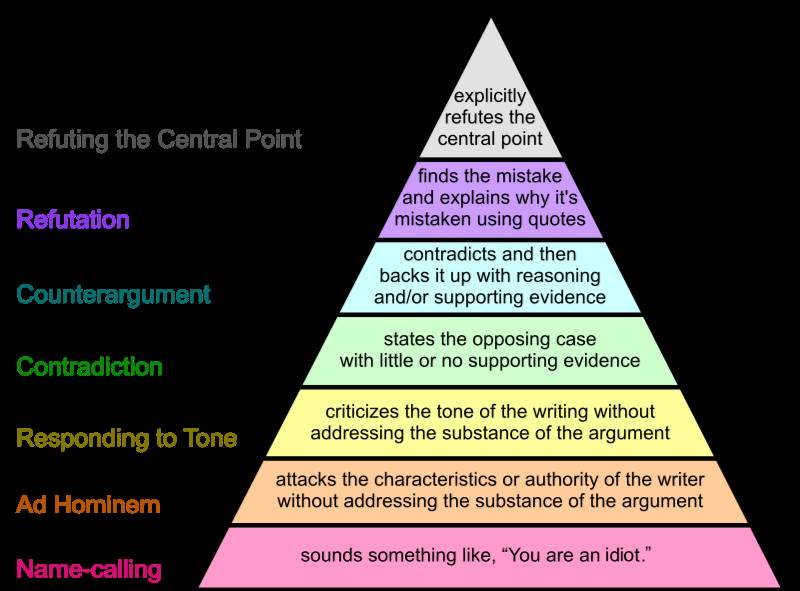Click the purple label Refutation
pos(73,219)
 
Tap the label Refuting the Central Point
pos(159,139)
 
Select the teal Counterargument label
pos(114,295)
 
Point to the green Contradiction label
pos(89,367)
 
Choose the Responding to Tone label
pos(126,438)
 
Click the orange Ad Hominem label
pos(88,505)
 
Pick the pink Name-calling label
pos(88,571)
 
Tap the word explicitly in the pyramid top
pos(490,97)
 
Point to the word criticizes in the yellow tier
pos(363,412)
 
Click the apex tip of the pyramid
pos(490,19)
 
